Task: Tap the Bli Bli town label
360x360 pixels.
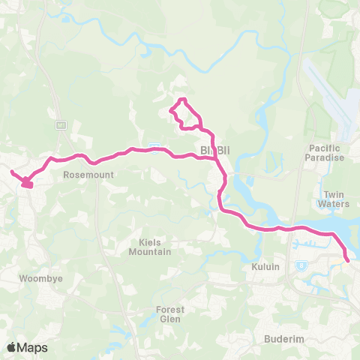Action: click(214, 151)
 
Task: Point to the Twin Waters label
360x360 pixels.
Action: click(334, 199)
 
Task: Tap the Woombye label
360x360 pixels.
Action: click(34, 277)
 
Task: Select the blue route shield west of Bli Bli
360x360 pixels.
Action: click(154, 144)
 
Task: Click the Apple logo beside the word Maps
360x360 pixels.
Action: click(12, 346)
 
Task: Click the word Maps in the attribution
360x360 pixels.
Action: click(33, 347)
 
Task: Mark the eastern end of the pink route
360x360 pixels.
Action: click(348, 260)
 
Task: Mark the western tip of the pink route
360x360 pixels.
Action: click(10, 172)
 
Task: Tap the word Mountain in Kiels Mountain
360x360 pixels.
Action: click(150, 252)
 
